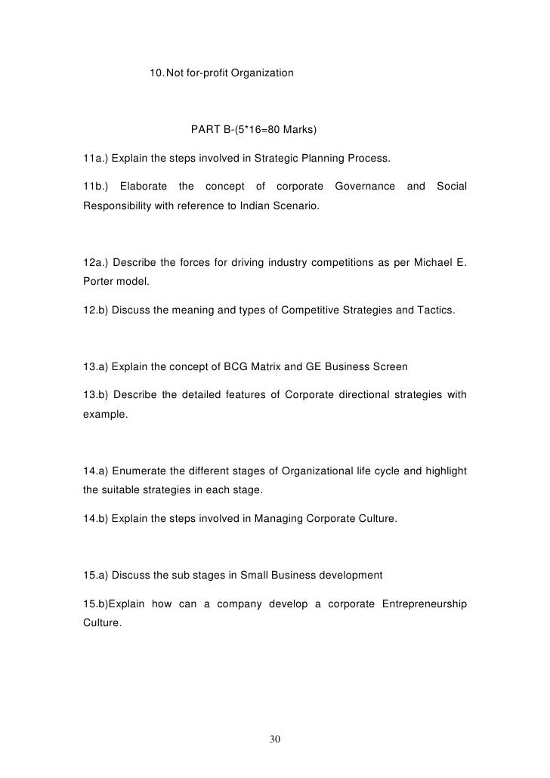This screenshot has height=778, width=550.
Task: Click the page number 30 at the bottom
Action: pos(275,738)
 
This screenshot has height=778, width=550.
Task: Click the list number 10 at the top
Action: pos(156,73)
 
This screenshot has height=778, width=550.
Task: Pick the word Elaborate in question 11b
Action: pos(144,186)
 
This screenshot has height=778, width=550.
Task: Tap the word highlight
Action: pos(443,471)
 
